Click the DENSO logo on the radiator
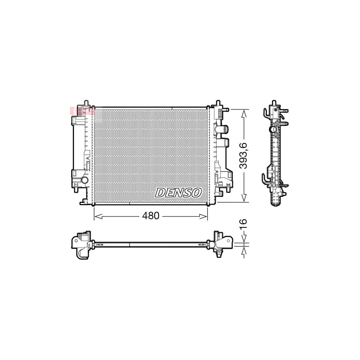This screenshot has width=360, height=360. point(178,192)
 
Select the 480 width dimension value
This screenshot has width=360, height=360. point(151,216)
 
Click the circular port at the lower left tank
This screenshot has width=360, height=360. point(84,181)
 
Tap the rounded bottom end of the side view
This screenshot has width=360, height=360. point(275,204)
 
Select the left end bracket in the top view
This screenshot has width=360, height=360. point(82,245)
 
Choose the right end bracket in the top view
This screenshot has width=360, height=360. point(222,242)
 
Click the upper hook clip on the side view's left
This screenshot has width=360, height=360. point(266,112)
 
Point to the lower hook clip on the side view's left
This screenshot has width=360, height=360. point(265,178)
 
